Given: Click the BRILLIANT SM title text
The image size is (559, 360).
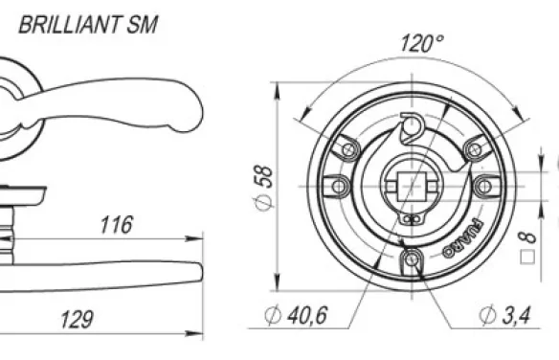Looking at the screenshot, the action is pos(88,25).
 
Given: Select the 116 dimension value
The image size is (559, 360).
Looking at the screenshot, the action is pos(117,225).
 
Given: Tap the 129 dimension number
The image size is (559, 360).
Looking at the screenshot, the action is pos(77,320).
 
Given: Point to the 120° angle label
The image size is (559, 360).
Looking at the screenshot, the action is pos(422,43).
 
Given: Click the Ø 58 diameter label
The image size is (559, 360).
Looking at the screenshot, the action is pos(264,188).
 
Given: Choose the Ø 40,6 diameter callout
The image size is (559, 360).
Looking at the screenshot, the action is pos(296,315).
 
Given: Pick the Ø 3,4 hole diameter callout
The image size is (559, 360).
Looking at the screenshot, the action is pos(505,315).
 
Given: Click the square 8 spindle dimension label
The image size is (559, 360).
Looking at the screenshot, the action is pos(528,248).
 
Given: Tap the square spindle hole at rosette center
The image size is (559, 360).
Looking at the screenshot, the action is pos(413,187).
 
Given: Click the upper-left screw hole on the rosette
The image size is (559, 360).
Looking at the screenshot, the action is pos(348,149).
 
